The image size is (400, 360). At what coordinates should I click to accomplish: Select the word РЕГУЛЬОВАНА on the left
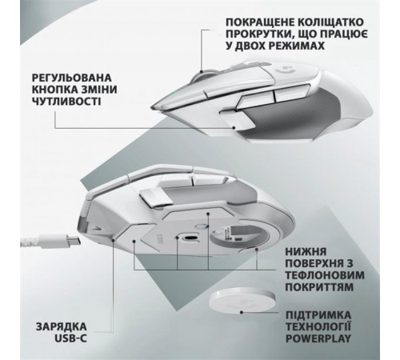coord(71,78)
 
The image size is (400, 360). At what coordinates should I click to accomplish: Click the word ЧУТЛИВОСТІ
coord(66,101)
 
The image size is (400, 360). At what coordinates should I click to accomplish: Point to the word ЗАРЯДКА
coord(62,326)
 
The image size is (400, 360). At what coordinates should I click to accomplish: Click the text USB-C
coord(70,338)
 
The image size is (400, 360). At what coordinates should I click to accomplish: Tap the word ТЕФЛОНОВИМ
coord(325,275)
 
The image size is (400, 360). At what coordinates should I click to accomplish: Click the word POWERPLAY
coord(318,338)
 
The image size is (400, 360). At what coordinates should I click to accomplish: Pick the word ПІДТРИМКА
coord(318,315)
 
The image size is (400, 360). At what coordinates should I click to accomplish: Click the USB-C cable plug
coord(68,240)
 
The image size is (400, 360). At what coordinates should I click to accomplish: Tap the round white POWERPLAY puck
coord(242,301)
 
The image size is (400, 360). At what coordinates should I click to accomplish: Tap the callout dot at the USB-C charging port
coord(114,240)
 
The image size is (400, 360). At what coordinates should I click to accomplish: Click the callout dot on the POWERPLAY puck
coord(242,312)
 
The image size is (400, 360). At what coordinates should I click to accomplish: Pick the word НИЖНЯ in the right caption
coord(306,251)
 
